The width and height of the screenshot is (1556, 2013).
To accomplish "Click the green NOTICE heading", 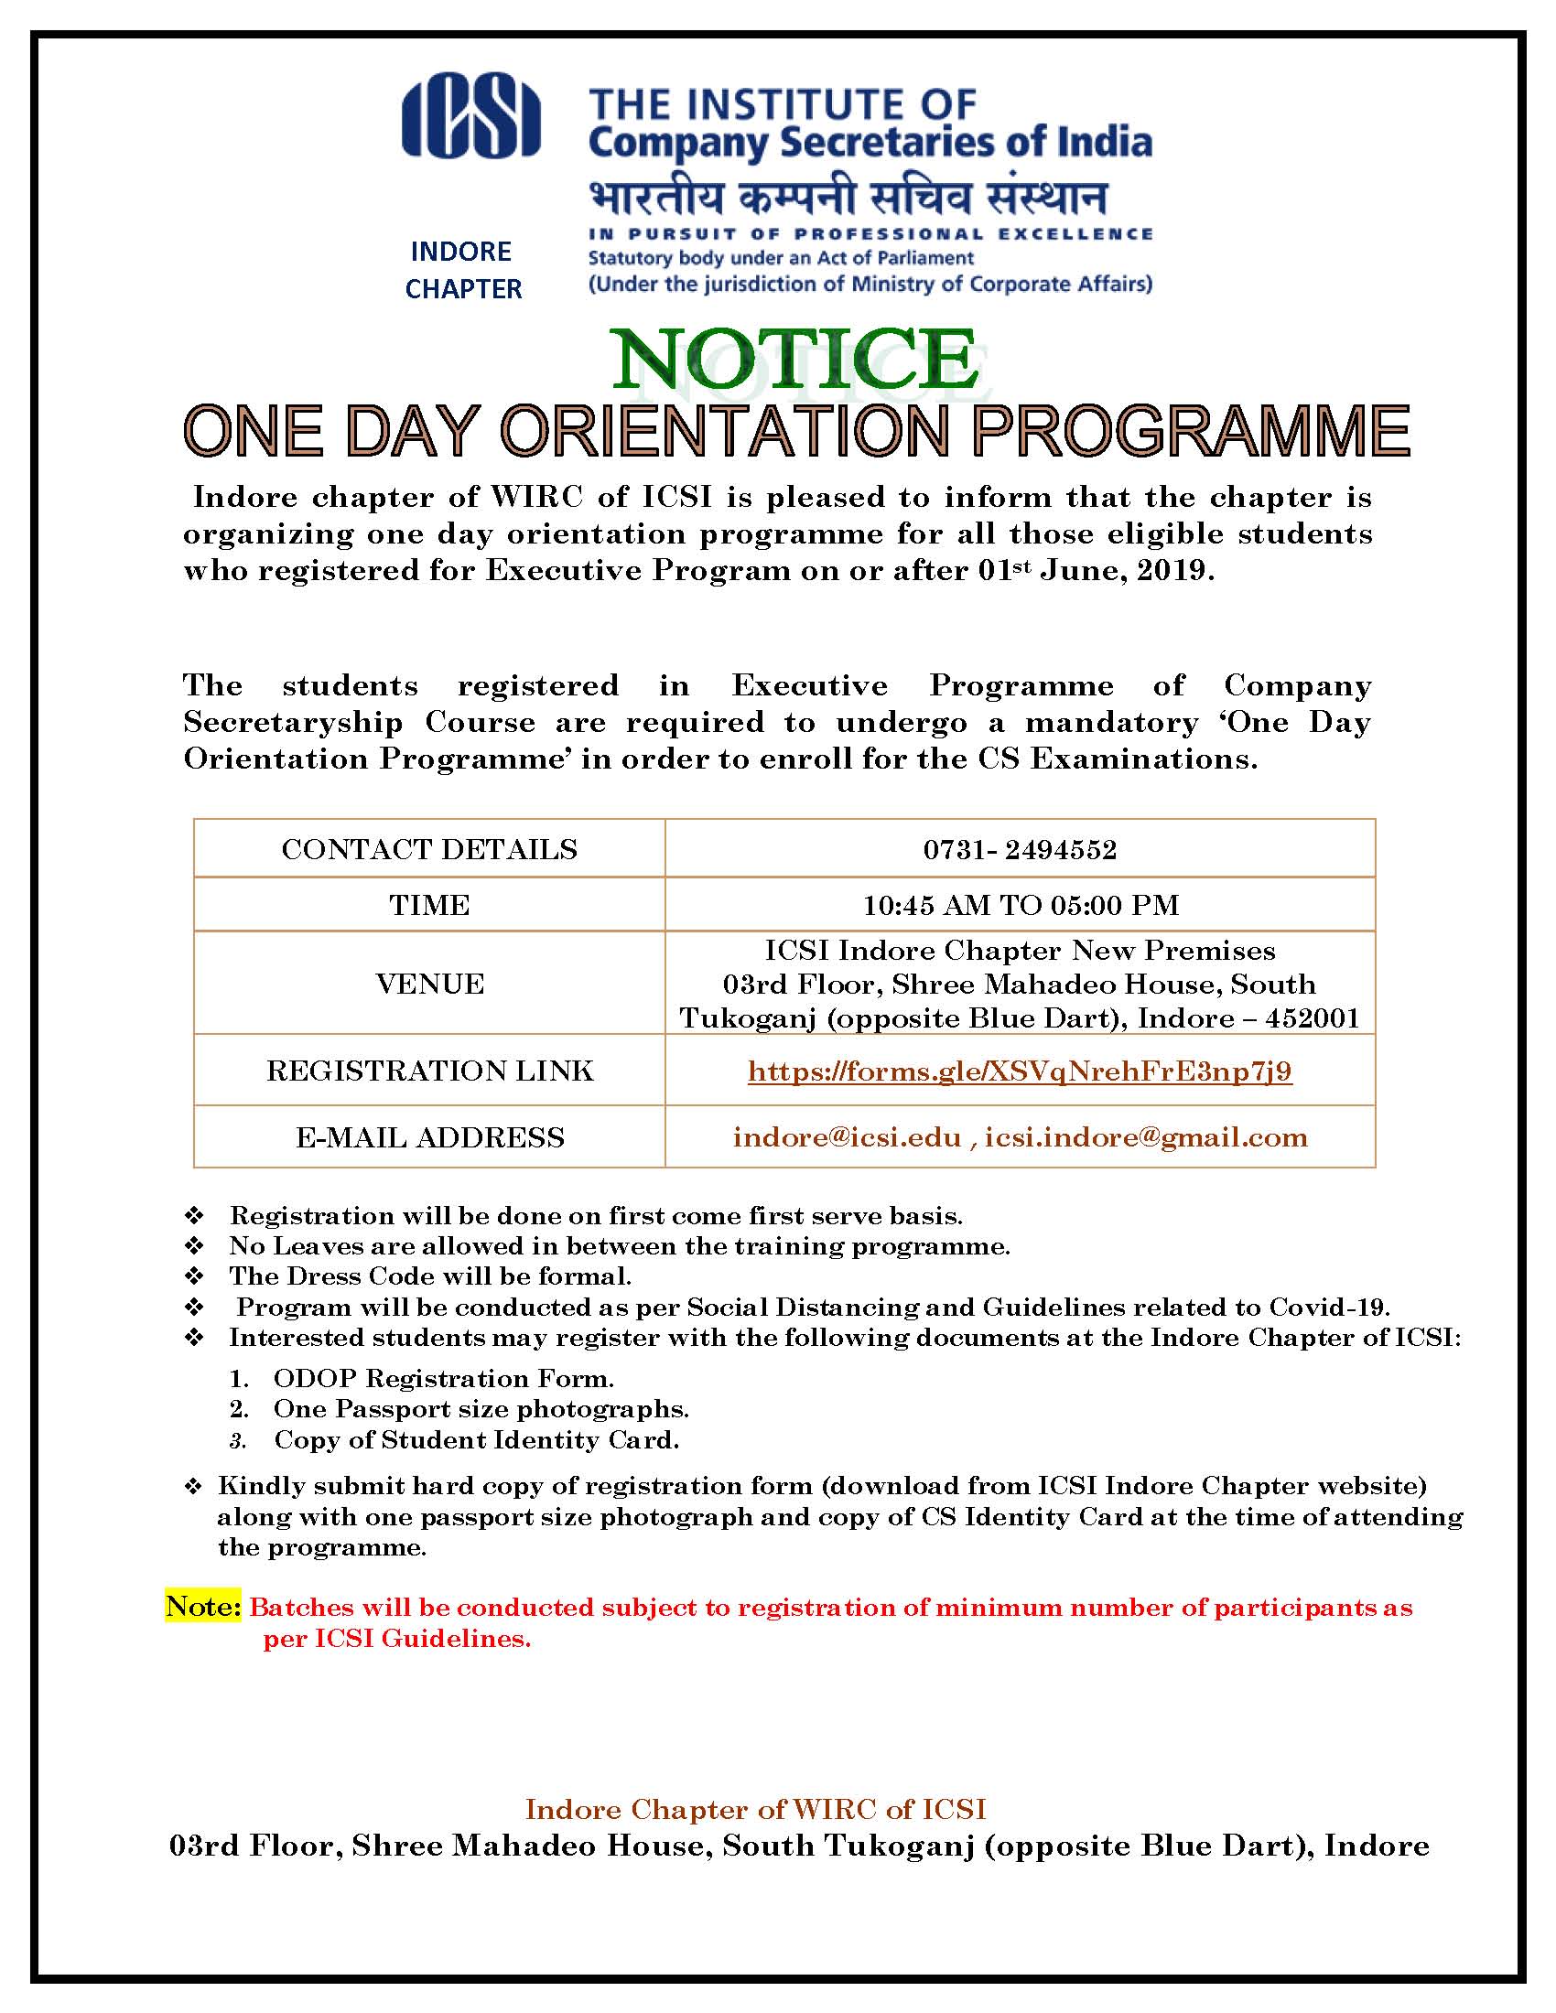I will pos(795,359).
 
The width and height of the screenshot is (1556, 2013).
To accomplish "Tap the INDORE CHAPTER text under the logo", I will pos(462,270).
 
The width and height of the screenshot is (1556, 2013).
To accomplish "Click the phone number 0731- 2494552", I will pos(1020,849).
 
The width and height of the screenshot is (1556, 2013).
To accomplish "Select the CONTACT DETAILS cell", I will pos(428,849).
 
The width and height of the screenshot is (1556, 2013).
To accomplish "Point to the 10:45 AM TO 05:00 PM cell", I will pos(1020,905).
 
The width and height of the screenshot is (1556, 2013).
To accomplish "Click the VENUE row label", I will pos(428,984).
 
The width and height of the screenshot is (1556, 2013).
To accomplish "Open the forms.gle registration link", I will pos(1020,1071).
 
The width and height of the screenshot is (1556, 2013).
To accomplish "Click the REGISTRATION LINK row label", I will pos(428,1071).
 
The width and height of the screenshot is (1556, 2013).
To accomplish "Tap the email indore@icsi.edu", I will pos(847,1137).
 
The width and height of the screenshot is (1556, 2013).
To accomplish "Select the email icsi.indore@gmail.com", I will pos(1146,1137).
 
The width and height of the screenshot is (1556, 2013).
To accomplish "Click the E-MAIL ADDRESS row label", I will pos(428,1137).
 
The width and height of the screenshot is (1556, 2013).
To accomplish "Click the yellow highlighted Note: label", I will pos(203,1607).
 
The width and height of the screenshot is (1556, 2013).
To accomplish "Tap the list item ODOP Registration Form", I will pos(443,1378).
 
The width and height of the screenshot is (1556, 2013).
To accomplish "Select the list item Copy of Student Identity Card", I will pos(476,1439).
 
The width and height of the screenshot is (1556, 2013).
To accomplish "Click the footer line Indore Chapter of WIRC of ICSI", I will pos(756,1809).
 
